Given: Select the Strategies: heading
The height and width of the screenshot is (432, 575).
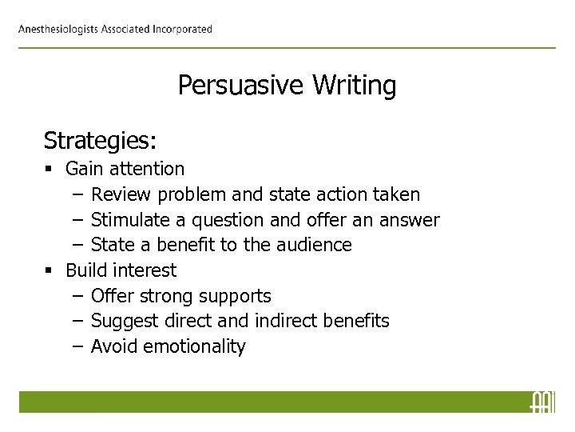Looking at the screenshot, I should [100, 141].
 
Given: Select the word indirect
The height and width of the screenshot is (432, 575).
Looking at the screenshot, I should [290, 321].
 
